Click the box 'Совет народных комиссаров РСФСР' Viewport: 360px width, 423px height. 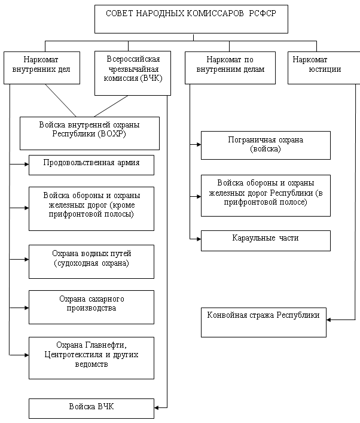point(191,19)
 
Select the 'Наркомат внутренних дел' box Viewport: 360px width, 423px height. point(42,68)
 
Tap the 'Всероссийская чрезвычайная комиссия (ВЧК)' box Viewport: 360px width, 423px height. point(133,74)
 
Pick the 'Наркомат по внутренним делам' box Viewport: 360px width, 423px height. point(230,68)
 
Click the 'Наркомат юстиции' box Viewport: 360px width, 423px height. point(324,68)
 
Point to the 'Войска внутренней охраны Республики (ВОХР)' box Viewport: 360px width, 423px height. point(90,133)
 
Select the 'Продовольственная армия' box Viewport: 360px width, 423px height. point(91,165)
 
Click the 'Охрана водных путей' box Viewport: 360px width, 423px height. point(91,261)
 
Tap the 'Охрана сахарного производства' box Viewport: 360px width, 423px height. point(91,308)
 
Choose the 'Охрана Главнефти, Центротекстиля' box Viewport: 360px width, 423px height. point(91,358)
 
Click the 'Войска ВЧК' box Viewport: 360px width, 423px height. point(91,409)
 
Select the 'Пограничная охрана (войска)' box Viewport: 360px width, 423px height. point(266,145)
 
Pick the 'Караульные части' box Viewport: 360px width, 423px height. point(266,241)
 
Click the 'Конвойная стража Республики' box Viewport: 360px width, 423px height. point(264,322)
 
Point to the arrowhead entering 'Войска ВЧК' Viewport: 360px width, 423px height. point(157,407)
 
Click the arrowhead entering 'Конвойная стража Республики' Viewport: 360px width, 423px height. point(329,320)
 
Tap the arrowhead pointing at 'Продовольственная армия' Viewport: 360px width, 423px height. point(27,164)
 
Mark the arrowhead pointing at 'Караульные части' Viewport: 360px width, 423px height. point(199,239)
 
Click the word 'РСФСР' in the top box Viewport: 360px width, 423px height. point(263,14)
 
